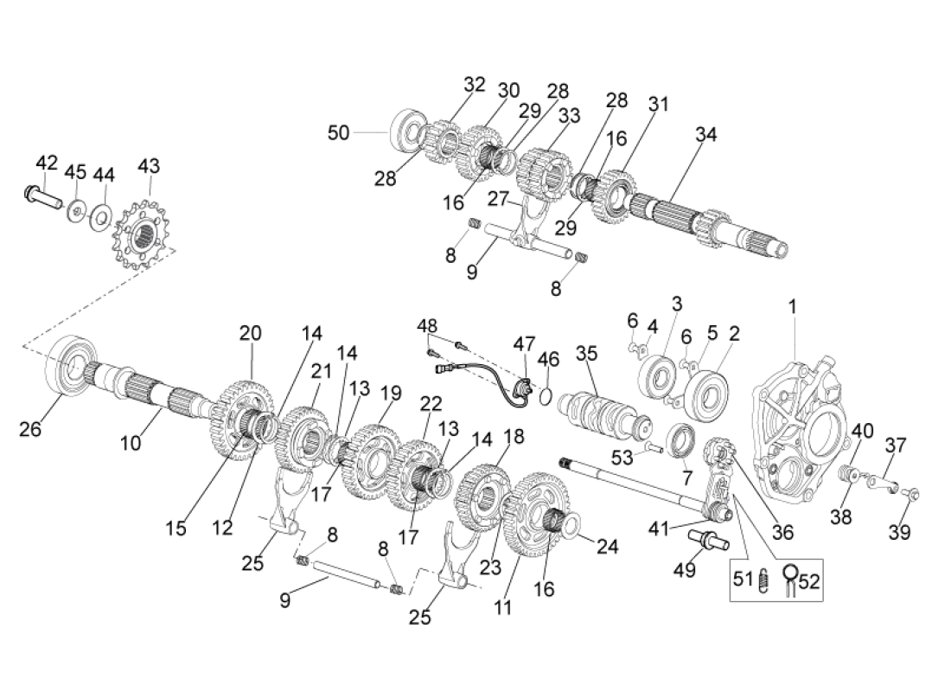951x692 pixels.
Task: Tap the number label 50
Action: click(339, 132)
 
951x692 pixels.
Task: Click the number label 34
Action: click(706, 135)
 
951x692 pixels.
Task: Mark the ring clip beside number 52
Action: click(791, 577)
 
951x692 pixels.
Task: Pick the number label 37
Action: click(896, 445)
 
